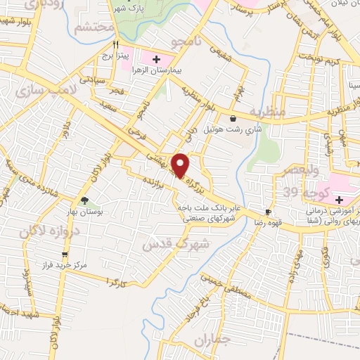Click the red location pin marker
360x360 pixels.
coord(181,166)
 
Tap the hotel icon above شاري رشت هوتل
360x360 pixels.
coord(233,119)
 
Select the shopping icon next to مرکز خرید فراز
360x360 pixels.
coord(65,255)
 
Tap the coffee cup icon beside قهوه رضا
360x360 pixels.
coord(267,212)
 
